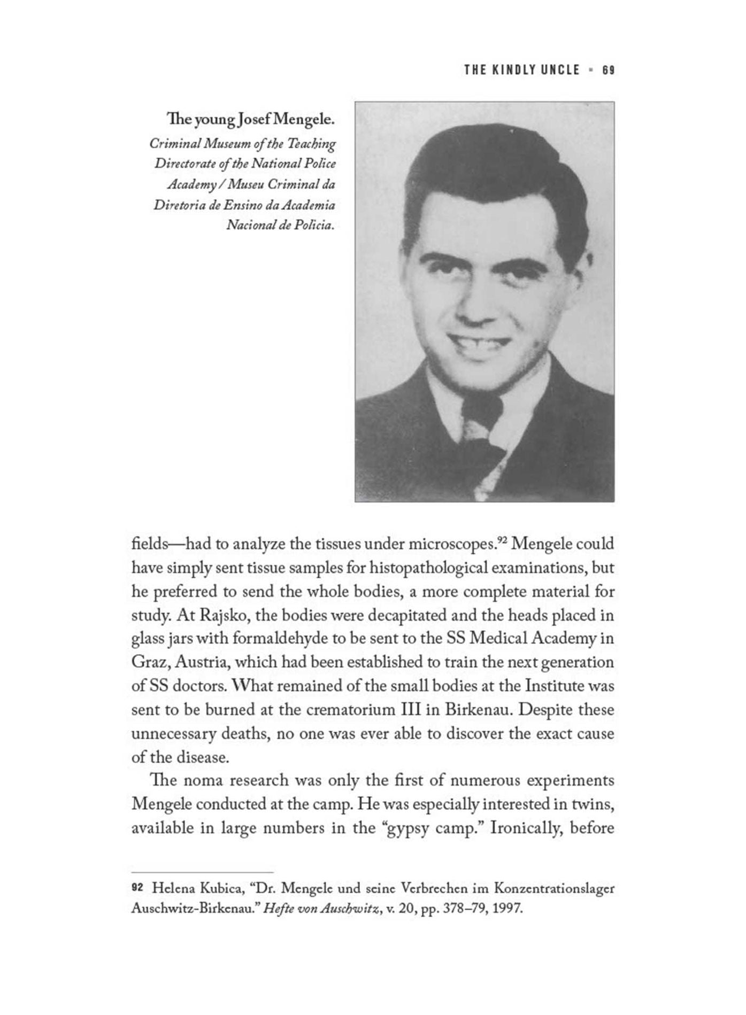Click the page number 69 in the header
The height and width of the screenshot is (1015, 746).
pyautogui.click(x=608, y=70)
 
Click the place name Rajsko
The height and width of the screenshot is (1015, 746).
pyautogui.click(x=222, y=615)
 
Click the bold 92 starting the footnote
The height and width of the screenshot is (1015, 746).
pyautogui.click(x=137, y=888)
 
